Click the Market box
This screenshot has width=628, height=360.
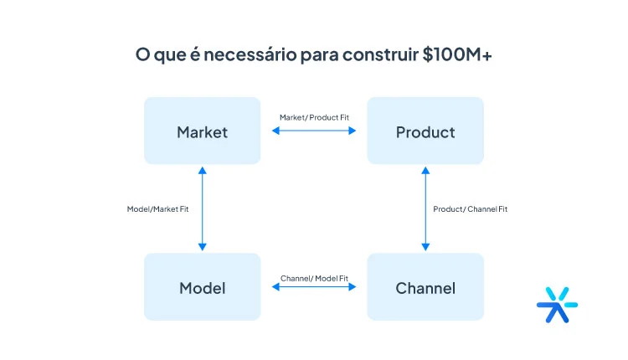[202, 131]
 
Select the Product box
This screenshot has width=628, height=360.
[425, 131]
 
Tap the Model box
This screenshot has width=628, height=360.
[202, 288]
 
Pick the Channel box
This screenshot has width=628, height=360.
[425, 288]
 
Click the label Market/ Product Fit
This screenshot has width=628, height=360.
[314, 117]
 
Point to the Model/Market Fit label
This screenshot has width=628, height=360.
[157, 208]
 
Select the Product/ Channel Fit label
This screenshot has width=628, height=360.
[470, 208]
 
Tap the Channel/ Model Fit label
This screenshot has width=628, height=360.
[314, 277]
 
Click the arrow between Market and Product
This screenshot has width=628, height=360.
[314, 131]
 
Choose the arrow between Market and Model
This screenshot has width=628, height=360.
[202, 208]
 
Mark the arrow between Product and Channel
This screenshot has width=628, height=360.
[425, 208]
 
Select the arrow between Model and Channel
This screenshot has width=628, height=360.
[314, 288]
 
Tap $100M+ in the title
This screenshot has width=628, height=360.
[456, 55]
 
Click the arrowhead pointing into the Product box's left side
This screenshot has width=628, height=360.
[353, 131]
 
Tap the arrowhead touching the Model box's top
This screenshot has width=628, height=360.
[202, 246]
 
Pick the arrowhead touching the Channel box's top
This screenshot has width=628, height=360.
[425, 246]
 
